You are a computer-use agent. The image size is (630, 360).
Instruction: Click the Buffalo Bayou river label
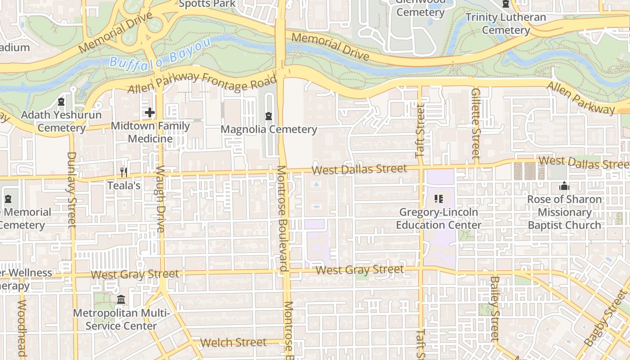point(160,56)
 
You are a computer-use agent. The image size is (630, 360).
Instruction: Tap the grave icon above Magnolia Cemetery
point(269,116)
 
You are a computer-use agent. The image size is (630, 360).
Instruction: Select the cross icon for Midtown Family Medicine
point(150,112)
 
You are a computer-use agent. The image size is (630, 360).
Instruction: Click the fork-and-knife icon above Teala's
point(124,172)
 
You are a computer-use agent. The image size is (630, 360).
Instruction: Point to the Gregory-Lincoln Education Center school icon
point(439,198)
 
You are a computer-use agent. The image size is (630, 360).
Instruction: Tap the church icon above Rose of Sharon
point(564,186)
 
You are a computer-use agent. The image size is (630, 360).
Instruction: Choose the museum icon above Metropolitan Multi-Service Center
point(121,299)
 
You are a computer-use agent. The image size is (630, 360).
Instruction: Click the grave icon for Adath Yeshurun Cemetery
point(61,102)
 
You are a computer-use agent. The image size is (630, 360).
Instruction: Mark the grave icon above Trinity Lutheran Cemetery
point(506,4)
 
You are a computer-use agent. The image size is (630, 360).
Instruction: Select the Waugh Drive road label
point(161,199)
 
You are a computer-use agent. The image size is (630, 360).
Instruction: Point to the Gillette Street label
point(476,122)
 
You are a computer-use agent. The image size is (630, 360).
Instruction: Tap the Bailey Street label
point(494,308)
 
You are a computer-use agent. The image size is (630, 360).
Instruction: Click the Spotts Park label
point(207,4)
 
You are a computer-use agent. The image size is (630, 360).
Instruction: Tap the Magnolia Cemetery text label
point(269,130)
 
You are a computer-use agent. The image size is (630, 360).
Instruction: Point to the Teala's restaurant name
point(124,185)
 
